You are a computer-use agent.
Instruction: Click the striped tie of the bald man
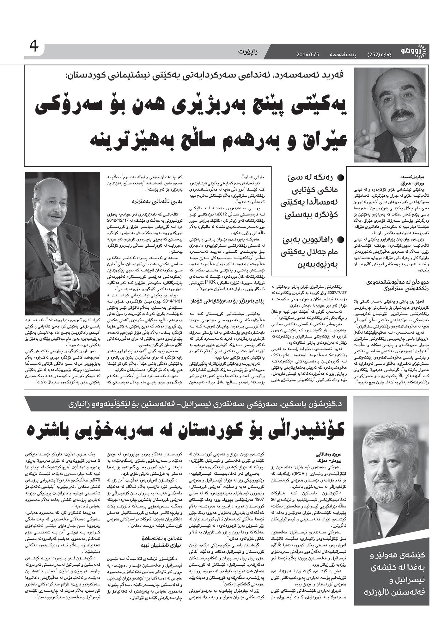[52, 247]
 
